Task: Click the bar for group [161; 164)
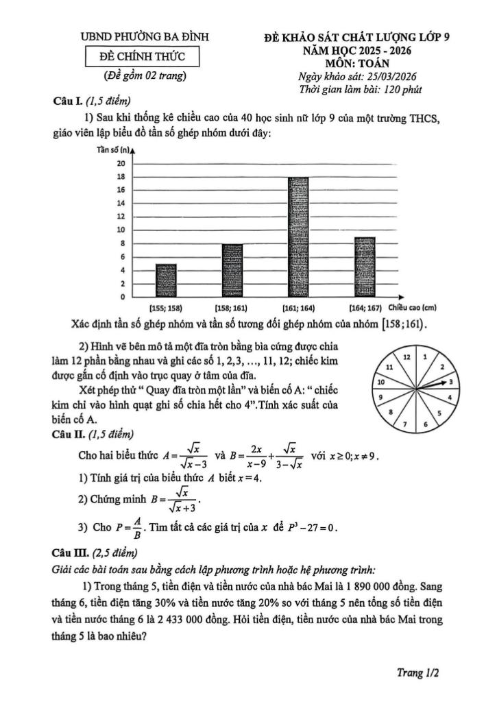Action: tap(298, 237)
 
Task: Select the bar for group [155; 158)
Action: tap(166, 280)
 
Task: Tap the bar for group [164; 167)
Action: tap(364, 267)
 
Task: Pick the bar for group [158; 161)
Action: tap(232, 270)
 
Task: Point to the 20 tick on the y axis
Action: tap(121, 164)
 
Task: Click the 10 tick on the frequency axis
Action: tap(121, 230)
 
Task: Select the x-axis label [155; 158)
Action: tap(166, 308)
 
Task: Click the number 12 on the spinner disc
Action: tap(407, 358)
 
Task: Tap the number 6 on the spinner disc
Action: tap(426, 424)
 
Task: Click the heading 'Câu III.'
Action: tap(68, 553)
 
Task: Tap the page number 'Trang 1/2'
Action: tap(418, 673)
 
